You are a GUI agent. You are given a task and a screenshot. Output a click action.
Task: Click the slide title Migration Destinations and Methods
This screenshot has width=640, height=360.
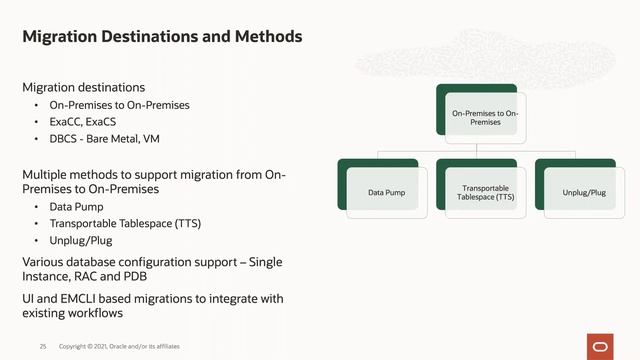coord(162,38)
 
